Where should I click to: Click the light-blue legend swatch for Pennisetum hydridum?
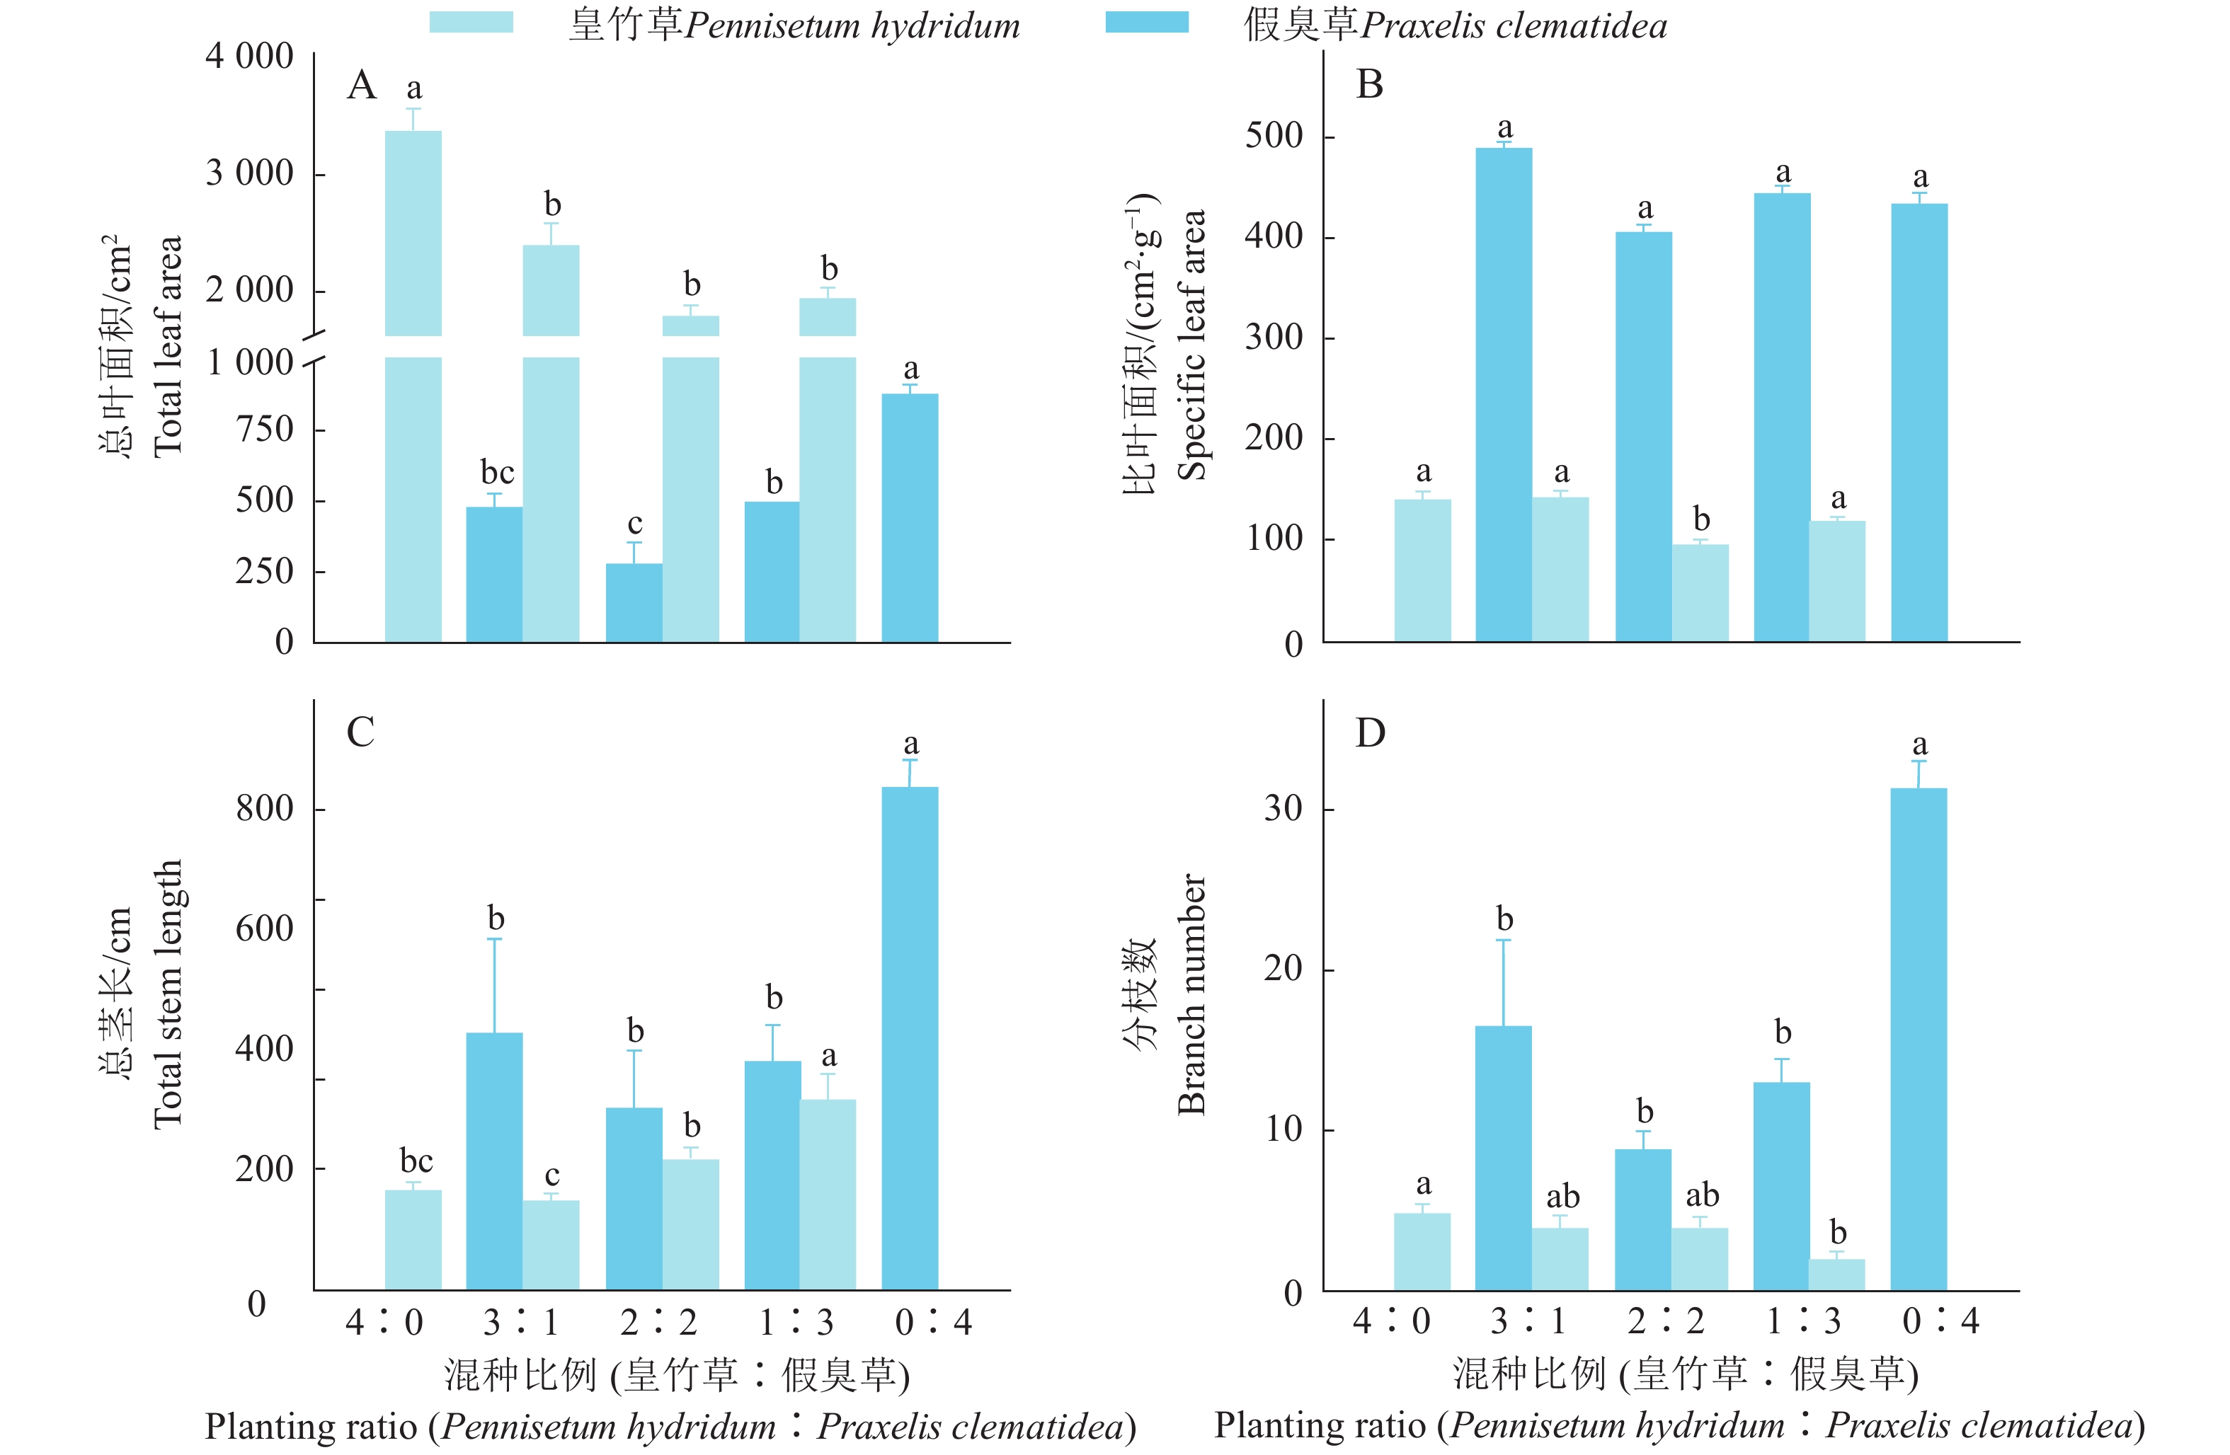(471, 23)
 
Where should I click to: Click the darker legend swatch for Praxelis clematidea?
(1146, 23)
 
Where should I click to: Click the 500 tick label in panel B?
(1274, 136)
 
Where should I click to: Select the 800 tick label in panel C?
(264, 809)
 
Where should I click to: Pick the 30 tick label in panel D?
(1283, 809)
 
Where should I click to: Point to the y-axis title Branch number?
(1191, 995)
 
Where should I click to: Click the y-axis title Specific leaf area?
(1191, 345)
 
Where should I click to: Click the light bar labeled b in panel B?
(1700, 593)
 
